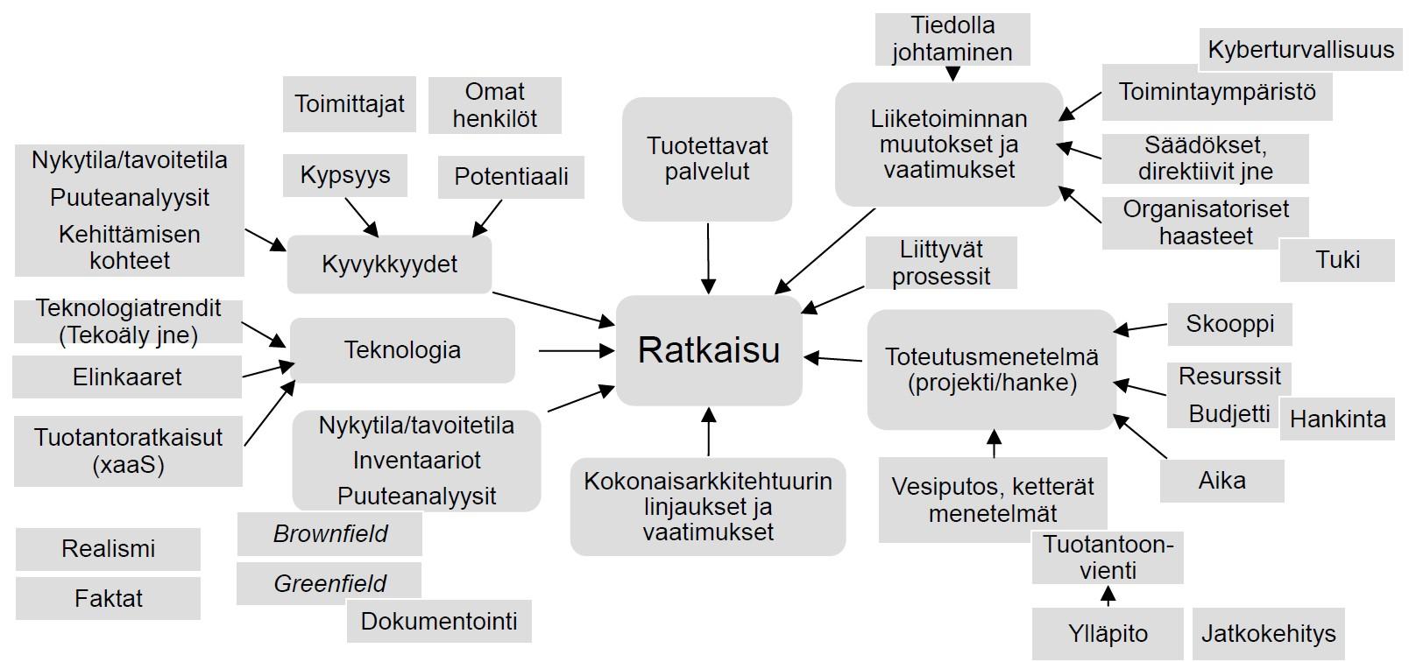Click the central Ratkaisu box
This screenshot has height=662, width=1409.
click(709, 350)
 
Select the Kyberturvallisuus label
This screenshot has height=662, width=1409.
click(1300, 49)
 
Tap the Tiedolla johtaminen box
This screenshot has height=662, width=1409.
click(952, 39)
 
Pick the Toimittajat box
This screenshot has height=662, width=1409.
click(349, 104)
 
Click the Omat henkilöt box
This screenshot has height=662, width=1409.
click(494, 105)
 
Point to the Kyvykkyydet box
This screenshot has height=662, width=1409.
click(389, 264)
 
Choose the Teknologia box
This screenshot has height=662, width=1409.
click(402, 350)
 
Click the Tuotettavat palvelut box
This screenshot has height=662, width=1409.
click(707, 158)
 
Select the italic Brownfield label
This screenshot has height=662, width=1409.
click(329, 533)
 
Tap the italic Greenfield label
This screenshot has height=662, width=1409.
click(329, 583)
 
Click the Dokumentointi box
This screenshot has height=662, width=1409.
click(439, 622)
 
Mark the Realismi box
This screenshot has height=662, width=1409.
click(108, 549)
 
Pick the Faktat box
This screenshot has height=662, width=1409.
click(108, 599)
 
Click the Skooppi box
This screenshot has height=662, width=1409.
click(1229, 324)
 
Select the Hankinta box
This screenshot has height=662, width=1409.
click(1337, 419)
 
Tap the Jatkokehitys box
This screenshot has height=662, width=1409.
click(1268, 634)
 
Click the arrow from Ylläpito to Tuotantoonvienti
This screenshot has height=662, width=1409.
click(1108, 598)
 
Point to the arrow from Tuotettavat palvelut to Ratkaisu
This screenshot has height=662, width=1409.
click(708, 258)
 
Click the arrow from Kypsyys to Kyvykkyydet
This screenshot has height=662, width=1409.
click(361, 216)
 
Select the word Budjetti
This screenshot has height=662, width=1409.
click(1229, 413)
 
